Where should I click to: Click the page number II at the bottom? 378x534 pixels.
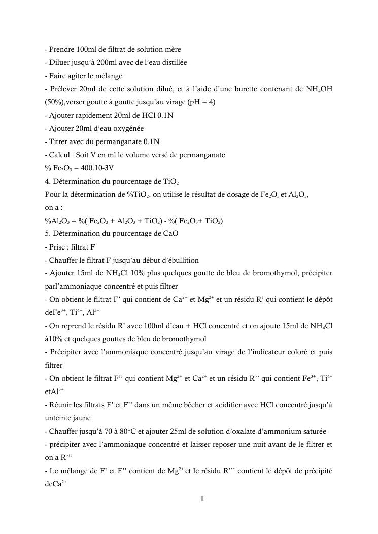(202, 499)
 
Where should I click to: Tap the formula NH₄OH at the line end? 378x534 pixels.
(320, 89)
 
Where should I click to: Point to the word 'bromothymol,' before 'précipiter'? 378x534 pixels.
(266, 273)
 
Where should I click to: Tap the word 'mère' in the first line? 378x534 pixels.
(173, 49)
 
